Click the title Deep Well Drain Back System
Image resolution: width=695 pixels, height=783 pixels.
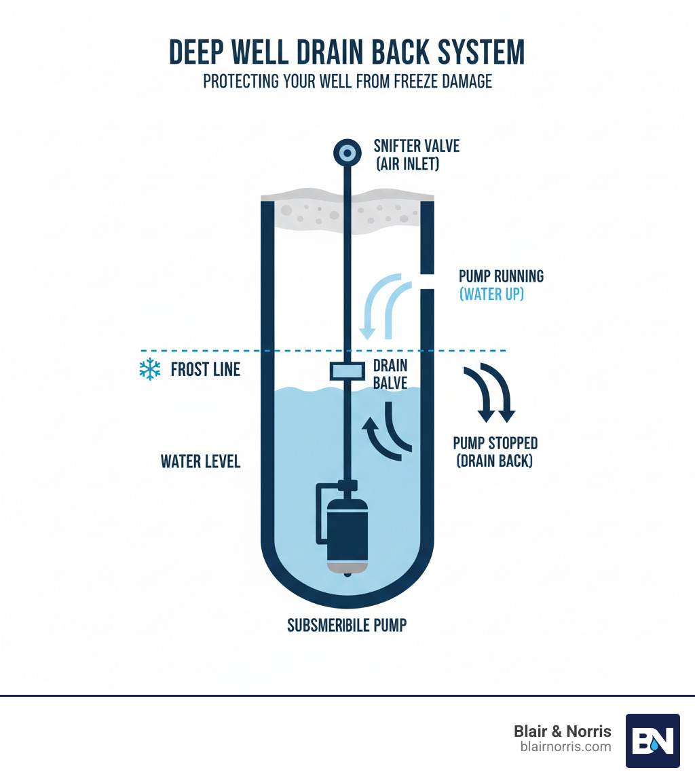(347, 53)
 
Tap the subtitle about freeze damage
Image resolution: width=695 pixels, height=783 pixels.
(347, 82)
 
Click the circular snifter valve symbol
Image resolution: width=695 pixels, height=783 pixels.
(347, 154)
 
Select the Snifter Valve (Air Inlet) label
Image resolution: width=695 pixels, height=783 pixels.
(407, 154)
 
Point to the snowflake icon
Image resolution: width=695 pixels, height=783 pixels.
(149, 370)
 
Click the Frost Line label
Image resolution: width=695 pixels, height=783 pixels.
(205, 370)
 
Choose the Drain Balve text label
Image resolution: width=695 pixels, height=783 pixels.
(390, 375)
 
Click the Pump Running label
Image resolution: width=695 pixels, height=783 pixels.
(501, 276)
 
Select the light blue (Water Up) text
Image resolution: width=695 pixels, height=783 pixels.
(491, 295)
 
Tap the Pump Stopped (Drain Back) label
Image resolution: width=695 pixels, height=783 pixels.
(495, 453)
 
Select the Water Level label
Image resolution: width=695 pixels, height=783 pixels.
(200, 462)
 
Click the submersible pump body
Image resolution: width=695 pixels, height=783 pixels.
(347, 533)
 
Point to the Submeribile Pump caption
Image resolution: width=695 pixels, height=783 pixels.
(347, 625)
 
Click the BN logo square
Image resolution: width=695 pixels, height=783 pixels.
(652, 741)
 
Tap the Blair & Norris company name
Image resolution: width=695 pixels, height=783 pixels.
(562, 731)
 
